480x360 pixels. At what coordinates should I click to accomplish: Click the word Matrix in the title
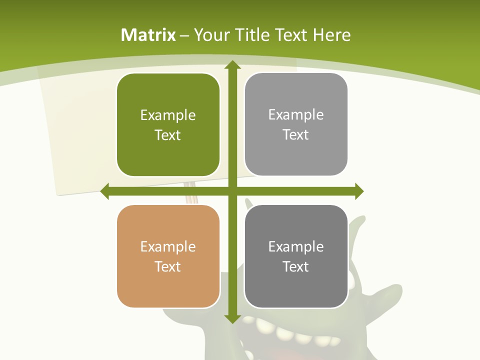click(148, 35)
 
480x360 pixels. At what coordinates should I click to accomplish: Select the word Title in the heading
click(253, 35)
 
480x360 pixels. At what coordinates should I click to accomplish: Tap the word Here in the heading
click(331, 35)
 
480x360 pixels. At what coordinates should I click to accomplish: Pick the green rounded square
click(168, 124)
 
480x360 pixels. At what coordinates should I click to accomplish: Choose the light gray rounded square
click(296, 124)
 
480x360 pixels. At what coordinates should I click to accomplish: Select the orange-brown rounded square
click(168, 256)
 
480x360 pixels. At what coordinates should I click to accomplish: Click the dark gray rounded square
click(296, 256)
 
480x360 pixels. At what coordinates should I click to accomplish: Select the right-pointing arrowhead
click(359, 191)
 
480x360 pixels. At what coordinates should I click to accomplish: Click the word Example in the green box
click(168, 115)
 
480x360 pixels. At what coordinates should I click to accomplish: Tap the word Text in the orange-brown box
click(168, 266)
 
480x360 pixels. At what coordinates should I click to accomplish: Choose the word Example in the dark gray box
click(296, 246)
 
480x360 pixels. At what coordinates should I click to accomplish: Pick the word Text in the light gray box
click(296, 134)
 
